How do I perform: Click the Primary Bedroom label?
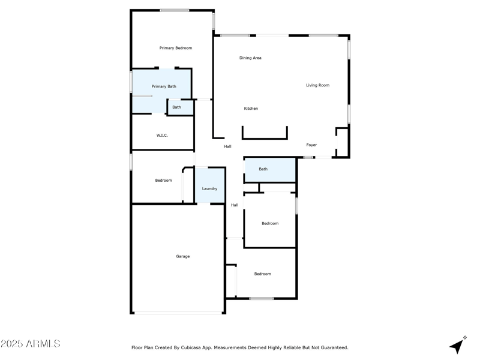tap(176, 48)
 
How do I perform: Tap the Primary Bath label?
tap(164, 86)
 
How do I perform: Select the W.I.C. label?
tap(162, 136)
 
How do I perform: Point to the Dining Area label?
tap(250, 58)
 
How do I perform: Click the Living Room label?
tap(317, 85)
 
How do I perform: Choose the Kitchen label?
tap(251, 109)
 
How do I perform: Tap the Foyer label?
tap(311, 145)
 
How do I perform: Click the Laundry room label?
tap(209, 188)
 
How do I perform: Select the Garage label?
tap(182, 256)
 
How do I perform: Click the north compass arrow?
tap(458, 345)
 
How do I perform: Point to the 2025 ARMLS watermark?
tap(30, 344)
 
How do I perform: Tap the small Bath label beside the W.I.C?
tap(176, 107)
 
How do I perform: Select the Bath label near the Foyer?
tap(263, 169)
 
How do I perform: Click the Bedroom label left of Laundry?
tap(163, 181)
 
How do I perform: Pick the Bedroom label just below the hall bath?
tap(270, 224)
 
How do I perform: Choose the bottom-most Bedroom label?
tap(262, 274)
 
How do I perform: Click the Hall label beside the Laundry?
tap(235, 205)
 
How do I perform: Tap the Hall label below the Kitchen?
tap(227, 146)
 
